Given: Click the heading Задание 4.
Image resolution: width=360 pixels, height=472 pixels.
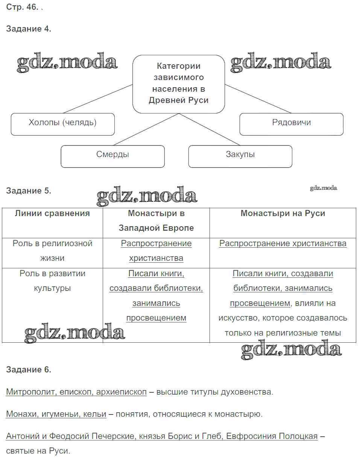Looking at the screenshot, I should (29, 29).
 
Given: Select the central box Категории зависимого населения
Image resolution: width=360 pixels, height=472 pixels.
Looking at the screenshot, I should (178, 83).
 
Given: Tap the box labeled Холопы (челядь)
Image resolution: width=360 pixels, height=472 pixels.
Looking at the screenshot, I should (62, 123).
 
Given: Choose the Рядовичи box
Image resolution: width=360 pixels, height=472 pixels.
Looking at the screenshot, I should (291, 123).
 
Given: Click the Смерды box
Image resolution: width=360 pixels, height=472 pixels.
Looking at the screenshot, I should (112, 155).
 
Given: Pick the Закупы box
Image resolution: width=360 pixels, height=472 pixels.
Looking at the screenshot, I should (240, 155).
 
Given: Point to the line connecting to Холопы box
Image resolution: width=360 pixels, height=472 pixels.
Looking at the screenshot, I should (98, 99).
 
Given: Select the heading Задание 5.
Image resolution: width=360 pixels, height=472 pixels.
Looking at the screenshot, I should (29, 191).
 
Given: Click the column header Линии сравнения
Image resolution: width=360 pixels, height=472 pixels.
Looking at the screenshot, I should (52, 213).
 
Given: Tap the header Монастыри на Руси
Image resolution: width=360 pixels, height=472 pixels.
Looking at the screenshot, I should (283, 213).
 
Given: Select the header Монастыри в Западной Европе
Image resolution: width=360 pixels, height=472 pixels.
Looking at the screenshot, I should (156, 221).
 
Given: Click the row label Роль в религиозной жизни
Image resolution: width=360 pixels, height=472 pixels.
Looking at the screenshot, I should (52, 251).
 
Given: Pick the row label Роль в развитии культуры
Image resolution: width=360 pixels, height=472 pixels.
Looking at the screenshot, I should (52, 281).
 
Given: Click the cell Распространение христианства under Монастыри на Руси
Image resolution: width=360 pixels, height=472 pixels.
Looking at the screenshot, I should (283, 244).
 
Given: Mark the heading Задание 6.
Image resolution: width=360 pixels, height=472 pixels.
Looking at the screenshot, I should (29, 370).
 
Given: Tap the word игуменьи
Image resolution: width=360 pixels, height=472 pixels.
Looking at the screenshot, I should (61, 414).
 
